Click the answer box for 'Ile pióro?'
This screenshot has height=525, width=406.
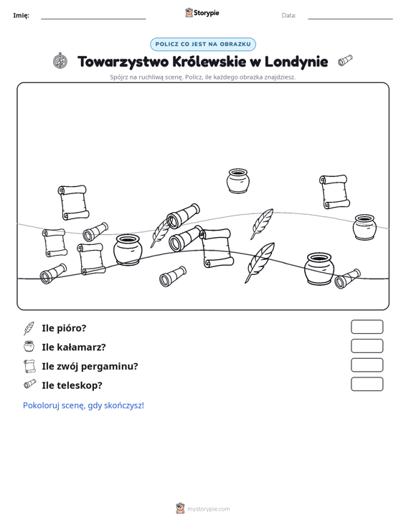tap(367, 327)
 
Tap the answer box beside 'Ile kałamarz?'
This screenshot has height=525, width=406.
tap(367, 346)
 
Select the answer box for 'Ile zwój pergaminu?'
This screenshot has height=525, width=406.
tap(367, 365)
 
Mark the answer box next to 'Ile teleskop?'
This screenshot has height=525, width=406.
tap(367, 384)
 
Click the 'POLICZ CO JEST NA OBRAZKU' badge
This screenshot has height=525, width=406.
tap(203, 44)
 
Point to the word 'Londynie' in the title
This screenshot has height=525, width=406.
tap(296, 62)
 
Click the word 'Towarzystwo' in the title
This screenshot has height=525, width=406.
tap(123, 62)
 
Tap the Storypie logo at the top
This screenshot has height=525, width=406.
tap(202, 13)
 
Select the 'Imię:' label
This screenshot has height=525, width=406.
tap(21, 16)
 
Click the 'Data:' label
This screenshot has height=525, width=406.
tap(288, 16)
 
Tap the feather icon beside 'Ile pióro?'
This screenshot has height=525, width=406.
tap(29, 329)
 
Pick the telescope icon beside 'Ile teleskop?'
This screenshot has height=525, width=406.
tap(30, 384)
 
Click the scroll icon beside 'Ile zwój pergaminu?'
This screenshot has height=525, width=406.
tap(29, 366)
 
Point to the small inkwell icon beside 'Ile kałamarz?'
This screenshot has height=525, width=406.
tap(29, 346)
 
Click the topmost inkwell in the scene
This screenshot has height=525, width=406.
tap(237, 180)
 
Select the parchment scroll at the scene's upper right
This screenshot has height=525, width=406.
tap(334, 191)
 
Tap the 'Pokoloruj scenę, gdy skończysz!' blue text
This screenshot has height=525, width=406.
tap(83, 405)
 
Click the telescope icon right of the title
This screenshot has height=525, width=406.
tap(345, 60)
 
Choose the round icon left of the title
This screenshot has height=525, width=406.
tap(60, 61)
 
